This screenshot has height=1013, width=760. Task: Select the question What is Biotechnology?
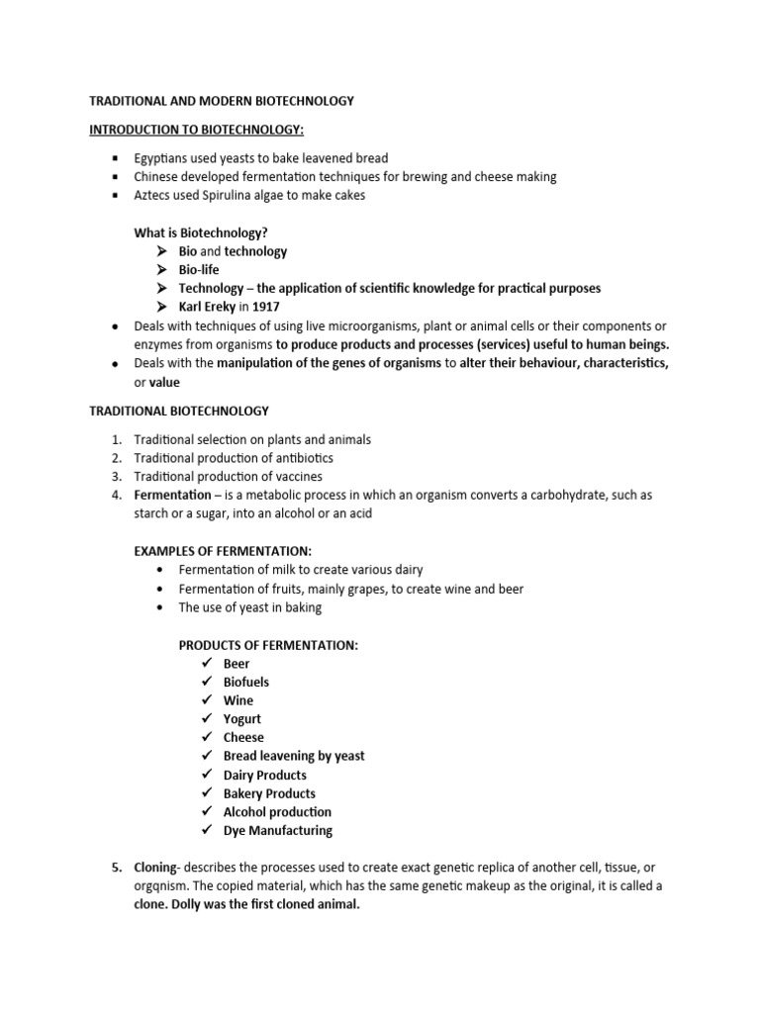(202, 232)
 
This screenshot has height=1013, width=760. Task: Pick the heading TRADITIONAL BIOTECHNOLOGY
(179, 411)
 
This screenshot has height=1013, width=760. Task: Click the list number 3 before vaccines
(116, 477)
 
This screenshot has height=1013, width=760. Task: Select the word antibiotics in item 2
(302, 458)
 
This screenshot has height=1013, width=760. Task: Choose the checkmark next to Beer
(206, 664)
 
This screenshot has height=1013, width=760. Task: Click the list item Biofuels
(246, 682)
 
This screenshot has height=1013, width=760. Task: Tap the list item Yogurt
(242, 719)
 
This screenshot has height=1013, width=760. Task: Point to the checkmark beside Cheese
(206, 737)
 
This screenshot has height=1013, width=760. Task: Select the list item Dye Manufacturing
(278, 830)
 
